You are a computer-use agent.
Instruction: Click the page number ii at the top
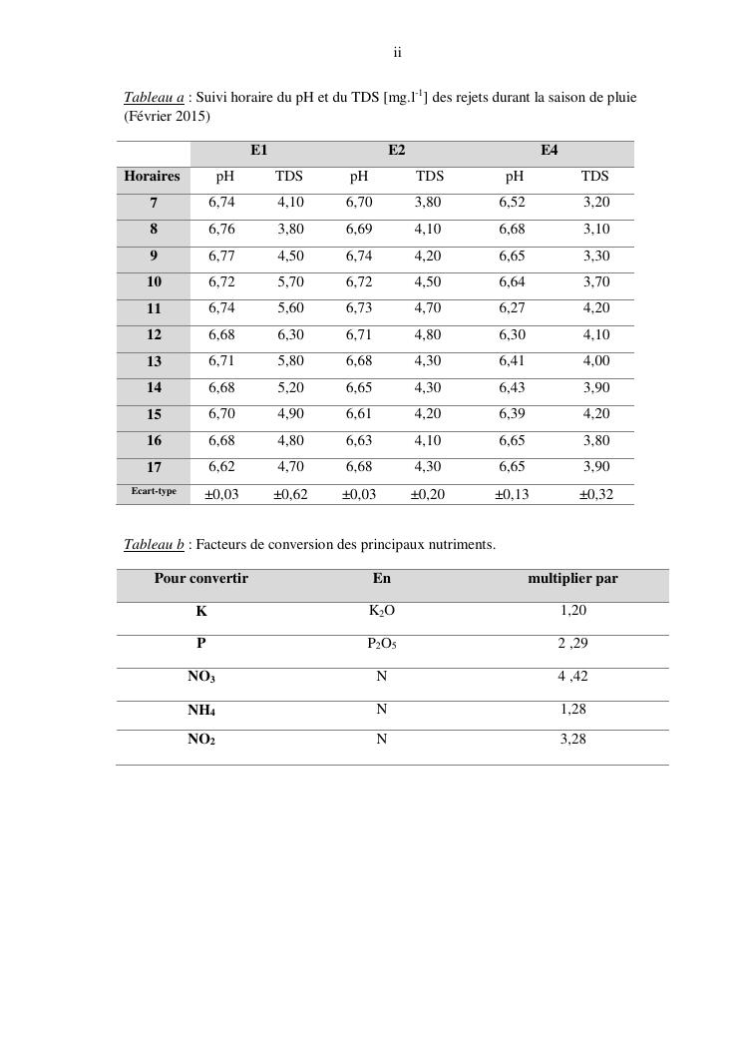[x=397, y=53]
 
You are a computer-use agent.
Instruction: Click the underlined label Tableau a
[x=154, y=98]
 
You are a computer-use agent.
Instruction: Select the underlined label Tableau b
[x=154, y=545]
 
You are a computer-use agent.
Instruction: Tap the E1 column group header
[x=258, y=151]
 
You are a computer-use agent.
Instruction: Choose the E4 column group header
[x=549, y=151]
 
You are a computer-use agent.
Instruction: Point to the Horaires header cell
[x=152, y=177]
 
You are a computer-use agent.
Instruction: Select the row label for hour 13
[x=154, y=361]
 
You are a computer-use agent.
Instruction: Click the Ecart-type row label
[x=154, y=491]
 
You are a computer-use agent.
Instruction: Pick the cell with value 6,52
[x=514, y=203]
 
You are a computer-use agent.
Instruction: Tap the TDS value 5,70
[x=290, y=282]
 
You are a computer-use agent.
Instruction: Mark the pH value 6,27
[x=514, y=308]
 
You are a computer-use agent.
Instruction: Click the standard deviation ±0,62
[x=290, y=494]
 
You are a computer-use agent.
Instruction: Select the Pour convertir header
[x=200, y=579]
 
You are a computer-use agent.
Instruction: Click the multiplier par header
[x=572, y=579]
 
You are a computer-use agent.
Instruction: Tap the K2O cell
[x=382, y=611]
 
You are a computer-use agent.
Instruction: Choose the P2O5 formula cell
[x=382, y=644]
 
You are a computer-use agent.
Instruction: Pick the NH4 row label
[x=201, y=711]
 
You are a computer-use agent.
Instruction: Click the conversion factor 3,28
[x=572, y=741]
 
